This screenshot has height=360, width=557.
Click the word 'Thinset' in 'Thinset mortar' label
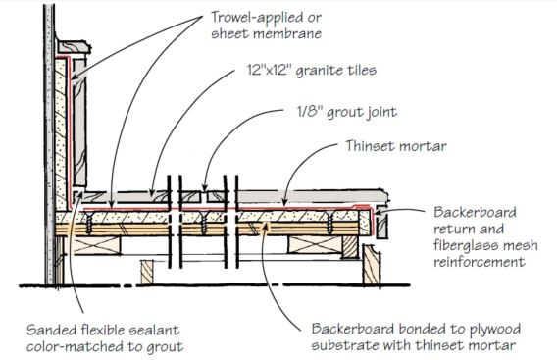pos(370,148)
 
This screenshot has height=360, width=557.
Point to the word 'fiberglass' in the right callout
pos(461,249)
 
